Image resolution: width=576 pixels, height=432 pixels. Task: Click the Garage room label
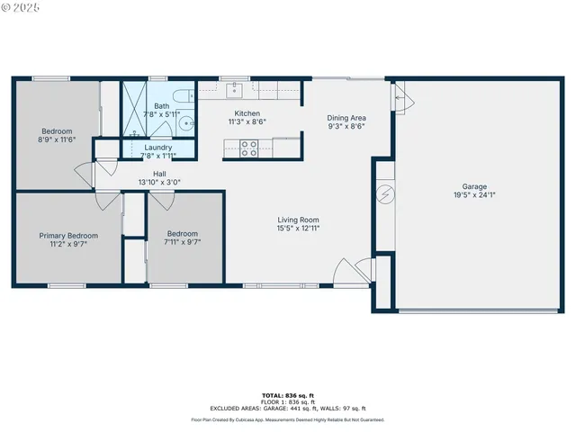point(474,187)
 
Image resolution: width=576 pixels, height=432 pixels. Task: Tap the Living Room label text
point(298,220)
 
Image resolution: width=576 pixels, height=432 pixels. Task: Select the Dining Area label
point(346,118)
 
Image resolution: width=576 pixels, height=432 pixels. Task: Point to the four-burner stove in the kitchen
point(249,148)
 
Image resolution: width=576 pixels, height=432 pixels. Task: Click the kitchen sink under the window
point(234,88)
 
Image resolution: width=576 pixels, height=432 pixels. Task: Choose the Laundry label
point(157,147)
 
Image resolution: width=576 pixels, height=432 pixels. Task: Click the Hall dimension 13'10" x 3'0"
point(159,183)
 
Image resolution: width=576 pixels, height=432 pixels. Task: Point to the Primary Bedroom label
point(68,236)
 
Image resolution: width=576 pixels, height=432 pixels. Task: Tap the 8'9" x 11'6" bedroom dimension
point(56,139)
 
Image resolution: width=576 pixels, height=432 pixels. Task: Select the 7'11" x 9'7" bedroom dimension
point(182,241)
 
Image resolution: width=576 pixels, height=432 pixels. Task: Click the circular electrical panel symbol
point(384,193)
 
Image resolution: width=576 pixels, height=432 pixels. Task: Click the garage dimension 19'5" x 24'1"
point(474,195)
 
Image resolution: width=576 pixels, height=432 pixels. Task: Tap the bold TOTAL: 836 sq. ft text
point(287,396)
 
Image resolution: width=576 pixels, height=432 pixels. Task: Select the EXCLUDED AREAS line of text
point(287,408)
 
